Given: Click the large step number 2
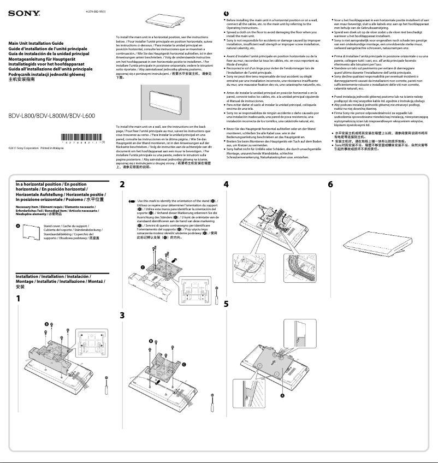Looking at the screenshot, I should point(122,185).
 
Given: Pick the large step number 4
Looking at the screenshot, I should point(226,185).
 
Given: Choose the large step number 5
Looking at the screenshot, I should point(226,303).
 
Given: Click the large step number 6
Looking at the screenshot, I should point(330,185).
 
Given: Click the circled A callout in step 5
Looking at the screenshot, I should point(282,395).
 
